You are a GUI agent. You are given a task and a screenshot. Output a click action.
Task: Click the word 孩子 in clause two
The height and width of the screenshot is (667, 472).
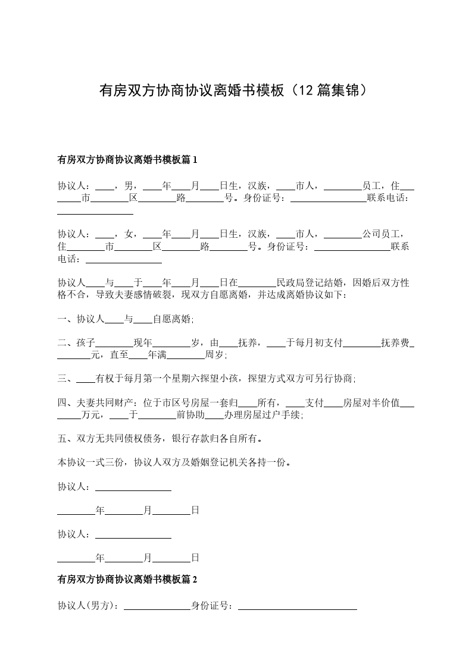pyautogui.click(x=86, y=343)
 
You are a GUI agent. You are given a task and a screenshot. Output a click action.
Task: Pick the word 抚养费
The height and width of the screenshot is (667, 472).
pyautogui.click(x=395, y=343)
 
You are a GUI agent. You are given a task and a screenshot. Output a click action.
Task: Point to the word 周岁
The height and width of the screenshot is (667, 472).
pyautogui.click(x=214, y=355)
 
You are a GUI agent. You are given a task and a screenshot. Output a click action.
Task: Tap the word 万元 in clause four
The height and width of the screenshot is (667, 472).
pyautogui.click(x=90, y=416)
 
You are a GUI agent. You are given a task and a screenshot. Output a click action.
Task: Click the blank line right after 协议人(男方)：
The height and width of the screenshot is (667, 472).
pyautogui.click(x=156, y=606)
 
